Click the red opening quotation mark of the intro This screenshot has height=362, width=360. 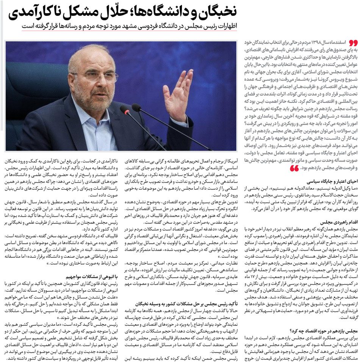(x=352, y=42)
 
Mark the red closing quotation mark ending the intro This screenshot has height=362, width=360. (x=294, y=168)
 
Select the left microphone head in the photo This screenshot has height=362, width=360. (x=125, y=110)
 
